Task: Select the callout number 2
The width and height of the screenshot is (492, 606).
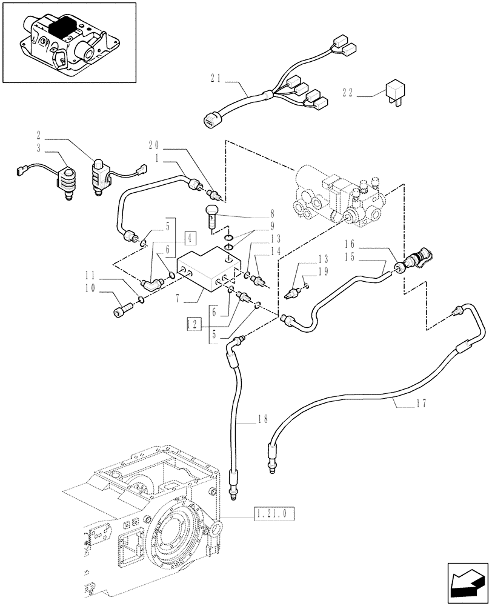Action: click(39, 134)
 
